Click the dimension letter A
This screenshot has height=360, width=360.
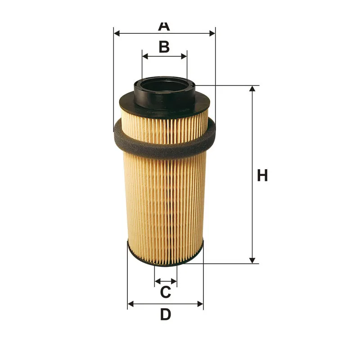coord(164,26)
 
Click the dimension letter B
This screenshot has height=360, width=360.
coord(164,47)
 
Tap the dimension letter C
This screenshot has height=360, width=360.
coord(166,292)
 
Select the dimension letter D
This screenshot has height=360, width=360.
coord(166,314)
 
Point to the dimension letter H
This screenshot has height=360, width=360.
coord(262,175)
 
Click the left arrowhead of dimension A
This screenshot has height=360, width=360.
coord(117,33)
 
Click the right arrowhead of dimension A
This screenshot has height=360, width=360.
coord(212,33)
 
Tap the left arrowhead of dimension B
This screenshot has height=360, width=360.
coord(145,56)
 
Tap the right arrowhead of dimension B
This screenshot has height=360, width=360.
coord(184,56)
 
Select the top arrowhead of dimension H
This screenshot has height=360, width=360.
coord(252,89)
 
